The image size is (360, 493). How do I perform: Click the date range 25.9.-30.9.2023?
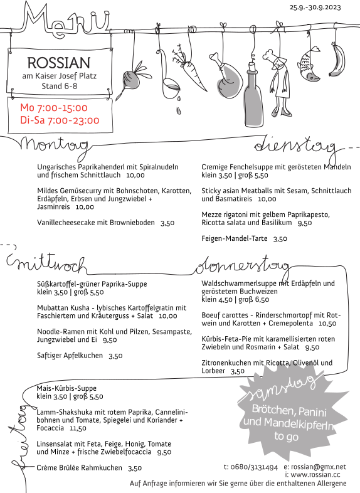(315, 7)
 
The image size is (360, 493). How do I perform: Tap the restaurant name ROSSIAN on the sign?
(59, 63)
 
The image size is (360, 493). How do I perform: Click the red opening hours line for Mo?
(54, 108)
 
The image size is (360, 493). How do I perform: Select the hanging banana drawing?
(336, 60)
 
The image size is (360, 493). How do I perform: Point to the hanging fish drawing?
(309, 65)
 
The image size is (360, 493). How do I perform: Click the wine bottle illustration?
(253, 94)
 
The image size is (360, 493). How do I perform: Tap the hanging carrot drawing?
(189, 70)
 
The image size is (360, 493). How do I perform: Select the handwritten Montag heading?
(54, 146)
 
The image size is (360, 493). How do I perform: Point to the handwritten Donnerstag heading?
(241, 267)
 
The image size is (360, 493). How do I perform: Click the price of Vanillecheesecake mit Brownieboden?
(167, 223)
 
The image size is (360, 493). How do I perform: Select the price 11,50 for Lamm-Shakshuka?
(78, 428)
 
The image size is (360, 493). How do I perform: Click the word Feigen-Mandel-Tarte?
(234, 238)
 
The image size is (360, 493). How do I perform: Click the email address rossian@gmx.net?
(318, 467)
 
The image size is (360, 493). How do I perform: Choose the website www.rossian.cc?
(315, 475)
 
